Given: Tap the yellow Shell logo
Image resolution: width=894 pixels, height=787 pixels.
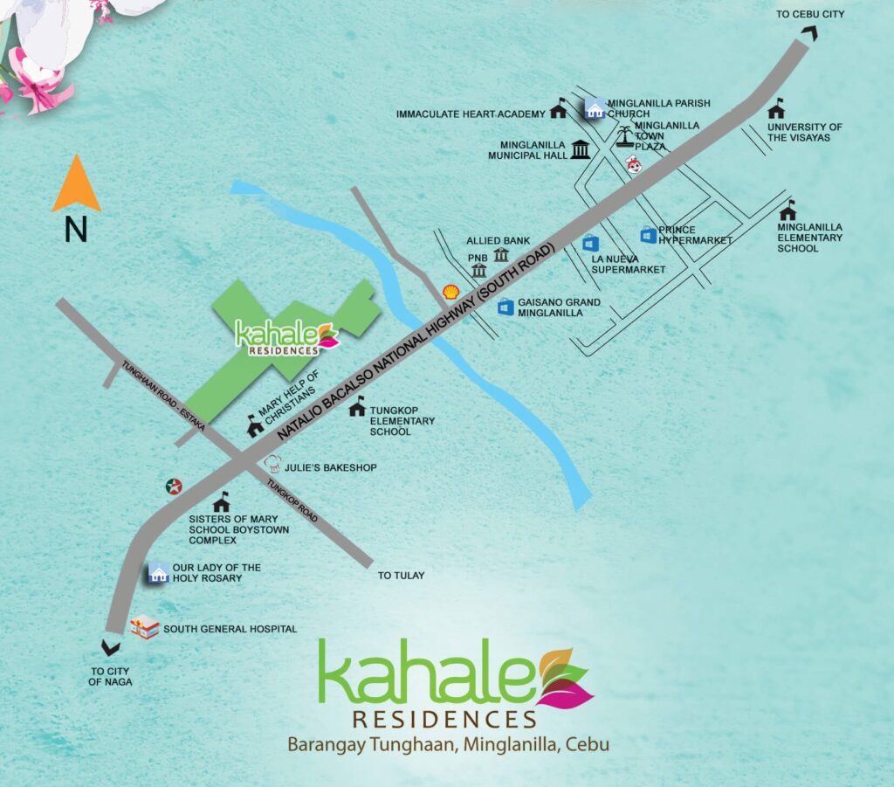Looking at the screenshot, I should [x=450, y=293].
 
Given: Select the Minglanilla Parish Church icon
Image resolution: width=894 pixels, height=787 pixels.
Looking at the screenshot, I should [x=595, y=108].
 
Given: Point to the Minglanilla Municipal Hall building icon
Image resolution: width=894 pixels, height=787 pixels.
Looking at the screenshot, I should [x=580, y=149].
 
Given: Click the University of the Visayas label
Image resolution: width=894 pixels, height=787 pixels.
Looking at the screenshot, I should [x=804, y=132].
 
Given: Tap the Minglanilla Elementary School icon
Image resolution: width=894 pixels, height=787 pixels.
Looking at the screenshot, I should [x=788, y=210].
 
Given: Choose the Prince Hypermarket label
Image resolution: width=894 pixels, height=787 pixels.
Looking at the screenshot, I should [x=695, y=235].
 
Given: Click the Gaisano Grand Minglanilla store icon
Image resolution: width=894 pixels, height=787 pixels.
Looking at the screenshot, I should [x=505, y=307].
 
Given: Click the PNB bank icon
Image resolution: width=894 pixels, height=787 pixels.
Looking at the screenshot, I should [x=478, y=270].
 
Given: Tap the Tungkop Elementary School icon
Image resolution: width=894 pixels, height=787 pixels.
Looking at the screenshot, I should [x=357, y=406].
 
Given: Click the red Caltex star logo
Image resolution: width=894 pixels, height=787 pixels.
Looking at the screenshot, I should [x=175, y=487].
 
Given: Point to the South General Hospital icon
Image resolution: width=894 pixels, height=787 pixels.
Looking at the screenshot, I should [x=144, y=626].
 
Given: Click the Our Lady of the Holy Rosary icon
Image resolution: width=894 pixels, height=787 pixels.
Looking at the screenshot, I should [x=158, y=573].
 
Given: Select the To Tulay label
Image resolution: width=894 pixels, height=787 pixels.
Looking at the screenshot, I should [x=401, y=576].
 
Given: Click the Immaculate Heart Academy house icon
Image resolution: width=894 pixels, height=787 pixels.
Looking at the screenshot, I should [x=558, y=112].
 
